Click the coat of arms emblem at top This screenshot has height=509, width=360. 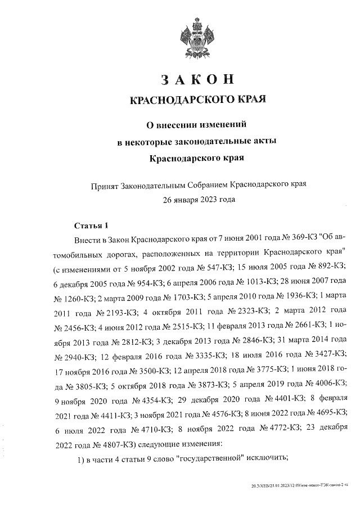(x=196, y=38)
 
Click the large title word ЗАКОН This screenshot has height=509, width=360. (x=196, y=80)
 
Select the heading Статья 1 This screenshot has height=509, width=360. (x=91, y=226)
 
